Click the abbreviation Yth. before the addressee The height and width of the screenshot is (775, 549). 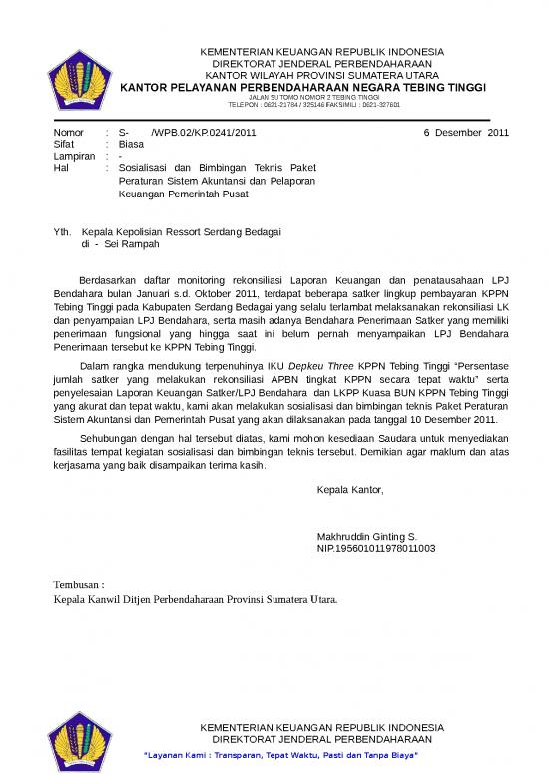[x=61, y=231]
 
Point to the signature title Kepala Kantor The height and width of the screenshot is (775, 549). [x=349, y=489]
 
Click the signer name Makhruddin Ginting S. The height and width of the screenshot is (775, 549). [x=366, y=536]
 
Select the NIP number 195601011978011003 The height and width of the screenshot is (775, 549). [x=375, y=548]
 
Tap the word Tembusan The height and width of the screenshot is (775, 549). [x=77, y=584]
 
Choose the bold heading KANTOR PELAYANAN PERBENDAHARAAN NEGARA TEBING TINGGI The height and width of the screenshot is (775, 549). [x=302, y=88]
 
